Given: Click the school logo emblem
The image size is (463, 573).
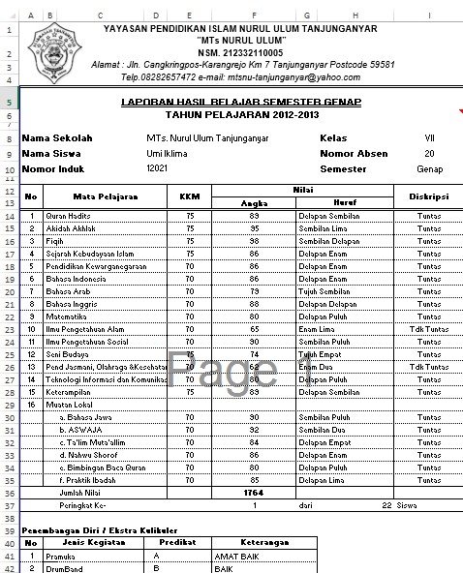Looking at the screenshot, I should tap(57, 48).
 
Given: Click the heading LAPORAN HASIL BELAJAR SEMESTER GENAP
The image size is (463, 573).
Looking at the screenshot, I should tap(255, 102).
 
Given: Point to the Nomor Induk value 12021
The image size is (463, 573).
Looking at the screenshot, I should tap(157, 169).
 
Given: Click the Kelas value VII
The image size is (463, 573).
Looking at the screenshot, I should tap(429, 138).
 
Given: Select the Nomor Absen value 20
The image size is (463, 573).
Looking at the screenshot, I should tap(429, 154).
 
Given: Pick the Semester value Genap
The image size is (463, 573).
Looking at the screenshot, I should tap(429, 169).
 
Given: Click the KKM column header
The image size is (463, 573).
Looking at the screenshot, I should tap(190, 196).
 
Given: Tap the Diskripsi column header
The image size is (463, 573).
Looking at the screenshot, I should tap(428, 196).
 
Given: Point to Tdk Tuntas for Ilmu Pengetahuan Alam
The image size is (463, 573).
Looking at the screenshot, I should tap(428, 329).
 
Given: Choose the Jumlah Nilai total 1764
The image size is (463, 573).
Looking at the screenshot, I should tap(254, 493).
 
